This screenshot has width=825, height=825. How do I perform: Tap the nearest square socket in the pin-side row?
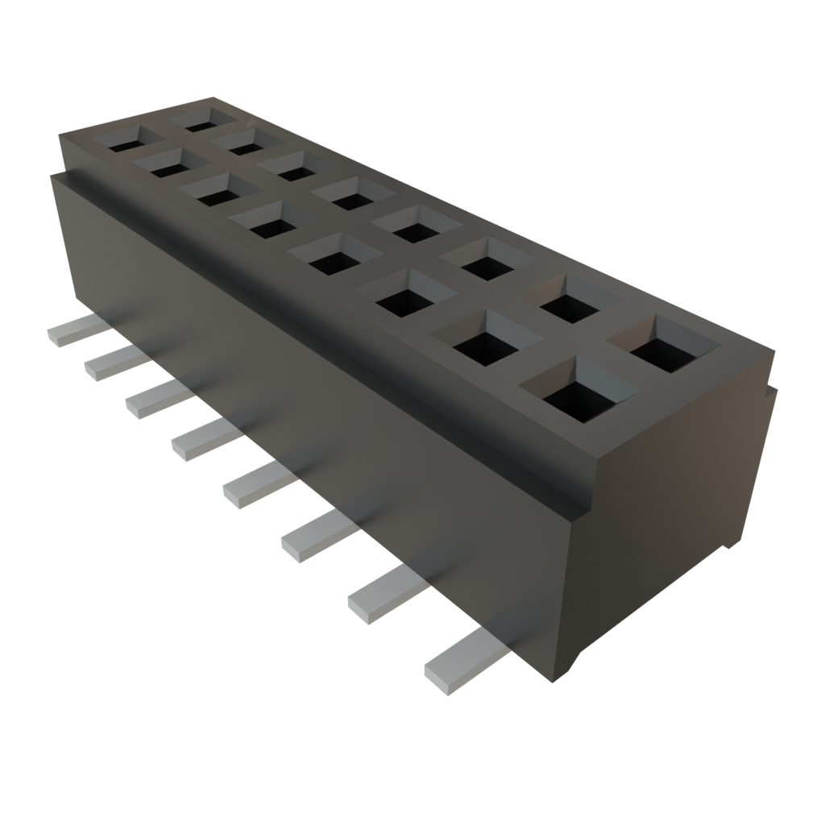pyautogui.click(x=578, y=393)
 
